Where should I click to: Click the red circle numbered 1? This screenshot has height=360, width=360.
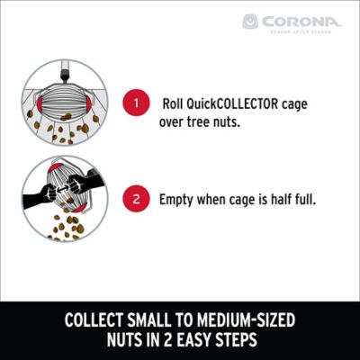pyautogui.click(x=136, y=103)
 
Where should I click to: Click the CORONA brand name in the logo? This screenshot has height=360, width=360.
pyautogui.click(x=303, y=19)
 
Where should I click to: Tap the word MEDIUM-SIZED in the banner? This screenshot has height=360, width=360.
pyautogui.click(x=244, y=319)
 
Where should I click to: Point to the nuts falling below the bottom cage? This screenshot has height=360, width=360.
pyautogui.click(x=63, y=229)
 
